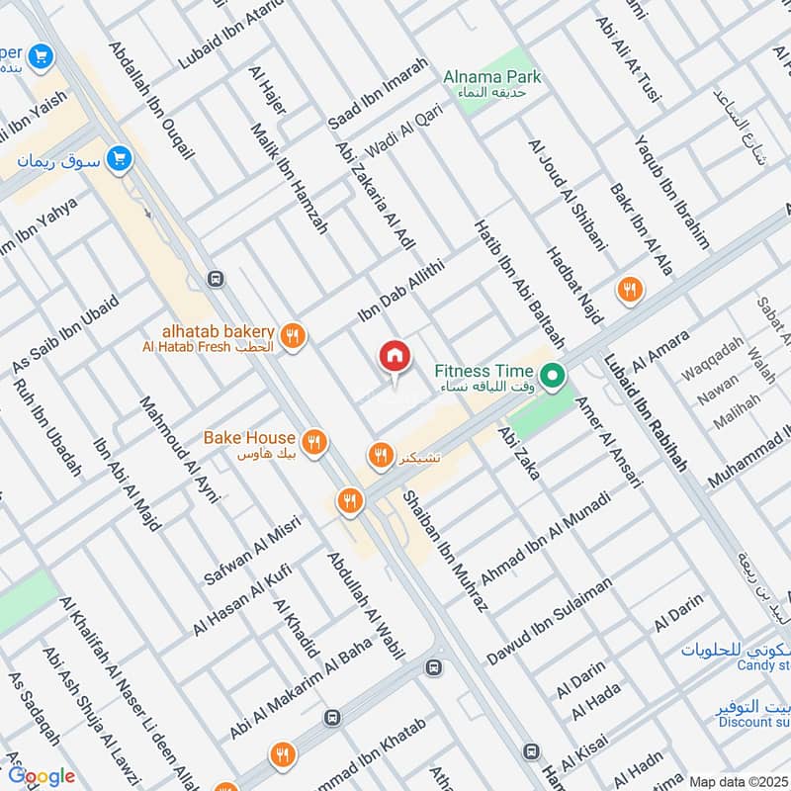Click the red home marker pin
click(x=394, y=356)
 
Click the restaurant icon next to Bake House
click(x=313, y=441)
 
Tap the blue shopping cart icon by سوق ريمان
click(x=121, y=157)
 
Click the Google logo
click(x=42, y=776)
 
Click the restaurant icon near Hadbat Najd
click(x=628, y=290)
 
